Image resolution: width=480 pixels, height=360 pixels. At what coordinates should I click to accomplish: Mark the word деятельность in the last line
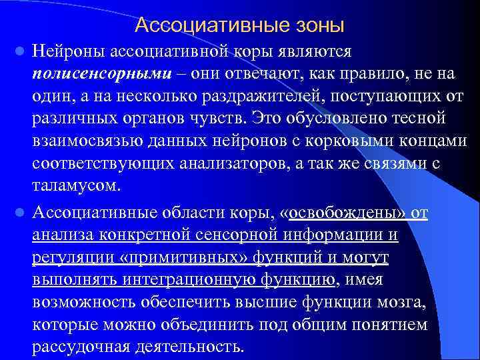pyautogui.click(x=190, y=347)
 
